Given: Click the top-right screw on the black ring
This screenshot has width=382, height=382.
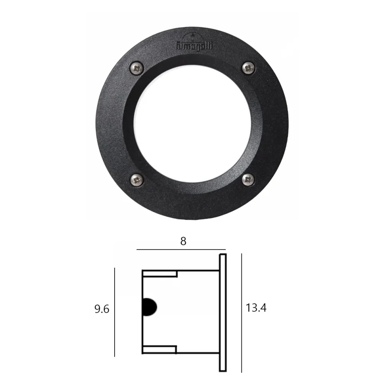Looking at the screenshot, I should point(248,68).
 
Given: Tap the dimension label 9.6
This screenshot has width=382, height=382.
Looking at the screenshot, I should point(102,309).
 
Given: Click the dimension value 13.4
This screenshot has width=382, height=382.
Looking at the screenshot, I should point(256,308).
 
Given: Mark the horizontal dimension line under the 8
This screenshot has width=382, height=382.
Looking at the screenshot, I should point(181,250).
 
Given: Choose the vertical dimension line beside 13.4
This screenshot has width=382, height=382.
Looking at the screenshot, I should point(241,312).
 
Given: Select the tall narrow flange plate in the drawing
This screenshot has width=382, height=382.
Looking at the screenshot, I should point(223,312).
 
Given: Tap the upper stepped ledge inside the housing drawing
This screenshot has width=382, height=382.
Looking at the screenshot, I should point(160,274).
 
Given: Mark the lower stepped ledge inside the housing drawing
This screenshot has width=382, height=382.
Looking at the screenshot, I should point(160,348).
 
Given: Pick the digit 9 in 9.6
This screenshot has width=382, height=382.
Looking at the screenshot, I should point(97,309).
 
